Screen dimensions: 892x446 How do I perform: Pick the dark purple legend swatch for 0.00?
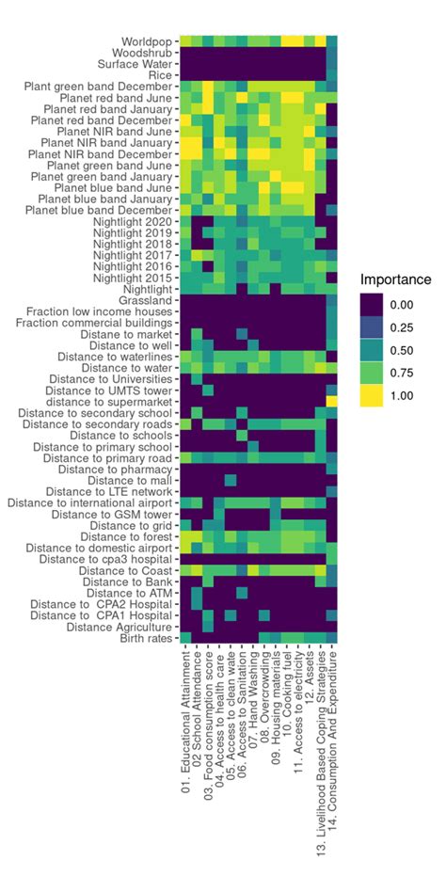pos(374,305)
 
